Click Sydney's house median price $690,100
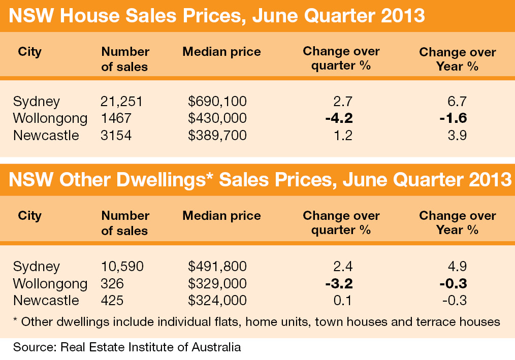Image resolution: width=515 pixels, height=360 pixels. coord(217,101)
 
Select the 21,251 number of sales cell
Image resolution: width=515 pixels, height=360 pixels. coord(122,101)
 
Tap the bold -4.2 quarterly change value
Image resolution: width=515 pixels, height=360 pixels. coord(339,118)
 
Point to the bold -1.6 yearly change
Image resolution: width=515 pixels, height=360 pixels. coord(453,118)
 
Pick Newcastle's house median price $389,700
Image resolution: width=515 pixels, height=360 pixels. coord(217,136)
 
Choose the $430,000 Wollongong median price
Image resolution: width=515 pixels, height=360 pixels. coord(217,118)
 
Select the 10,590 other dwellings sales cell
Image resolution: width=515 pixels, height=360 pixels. coord(122,266)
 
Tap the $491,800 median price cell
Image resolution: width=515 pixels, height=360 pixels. coord(217,266)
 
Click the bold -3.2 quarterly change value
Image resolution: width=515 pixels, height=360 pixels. coord(339,283)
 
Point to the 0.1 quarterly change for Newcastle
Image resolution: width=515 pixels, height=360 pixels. coord(344,300)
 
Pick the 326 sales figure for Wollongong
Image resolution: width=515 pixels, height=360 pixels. coord(112,283)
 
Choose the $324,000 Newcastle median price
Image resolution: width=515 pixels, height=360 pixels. coord(217,300)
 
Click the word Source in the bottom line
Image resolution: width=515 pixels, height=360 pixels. coord(34,348)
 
